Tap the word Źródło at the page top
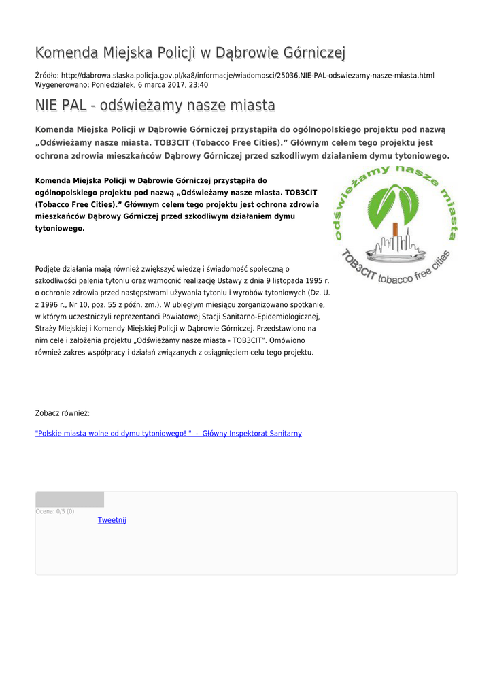(46, 75)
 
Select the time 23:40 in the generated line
(197, 85)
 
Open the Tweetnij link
(112, 520)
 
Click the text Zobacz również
(63, 413)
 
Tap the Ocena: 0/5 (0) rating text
(55, 511)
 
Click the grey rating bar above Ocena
(69, 500)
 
